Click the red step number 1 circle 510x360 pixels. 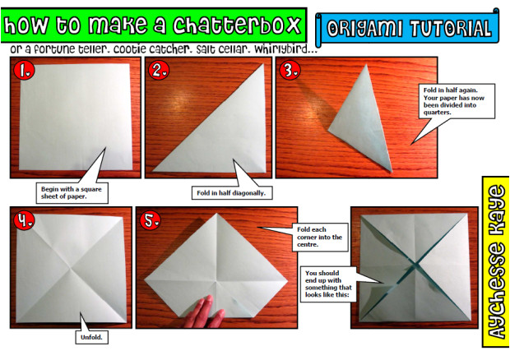coord(23,71)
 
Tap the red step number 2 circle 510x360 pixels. coord(160,71)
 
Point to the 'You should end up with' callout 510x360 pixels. coord(328,284)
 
